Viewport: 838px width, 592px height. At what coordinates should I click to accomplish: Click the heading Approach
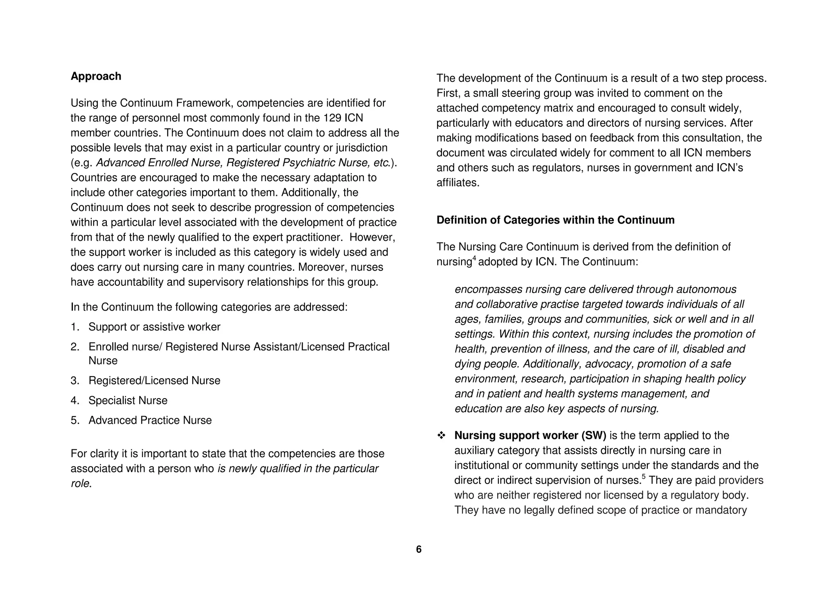coord(96,76)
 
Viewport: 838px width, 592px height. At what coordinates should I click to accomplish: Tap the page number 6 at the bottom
coord(419,549)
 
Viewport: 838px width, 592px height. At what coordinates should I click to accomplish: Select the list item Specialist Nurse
coord(128,400)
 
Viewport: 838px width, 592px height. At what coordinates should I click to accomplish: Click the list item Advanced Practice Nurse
coord(150,420)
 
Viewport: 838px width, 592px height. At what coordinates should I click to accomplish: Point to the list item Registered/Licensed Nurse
coord(154,381)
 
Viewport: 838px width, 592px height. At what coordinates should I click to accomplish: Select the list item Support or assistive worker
coord(154,327)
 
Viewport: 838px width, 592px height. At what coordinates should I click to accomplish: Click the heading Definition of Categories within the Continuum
coord(555,220)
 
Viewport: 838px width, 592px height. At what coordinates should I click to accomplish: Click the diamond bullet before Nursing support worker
coord(441,436)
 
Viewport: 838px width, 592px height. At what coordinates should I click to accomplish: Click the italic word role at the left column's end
coord(80,484)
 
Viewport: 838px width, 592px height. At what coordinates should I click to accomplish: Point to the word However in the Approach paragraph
coord(372,238)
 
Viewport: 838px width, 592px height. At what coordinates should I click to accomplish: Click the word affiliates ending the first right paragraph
coord(457,183)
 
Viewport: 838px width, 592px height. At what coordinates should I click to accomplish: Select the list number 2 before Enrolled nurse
coord(74,347)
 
